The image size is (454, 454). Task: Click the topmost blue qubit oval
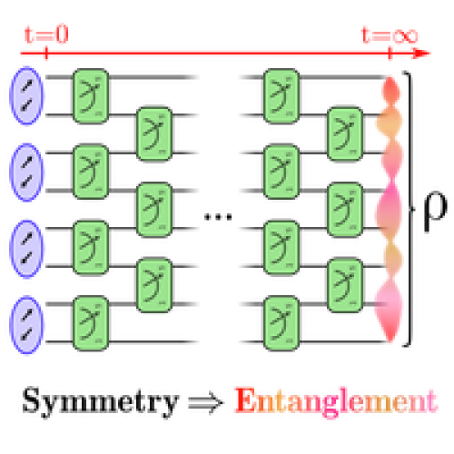(27, 95)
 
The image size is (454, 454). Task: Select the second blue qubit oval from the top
(27, 172)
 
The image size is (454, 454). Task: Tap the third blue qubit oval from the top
(27, 248)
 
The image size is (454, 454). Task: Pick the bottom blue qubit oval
(27, 324)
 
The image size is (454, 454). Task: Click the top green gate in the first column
(91, 95)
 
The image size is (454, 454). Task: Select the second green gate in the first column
(91, 172)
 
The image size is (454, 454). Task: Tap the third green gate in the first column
(91, 248)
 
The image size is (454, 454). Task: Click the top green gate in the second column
(154, 133)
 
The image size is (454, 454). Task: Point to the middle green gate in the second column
(154, 210)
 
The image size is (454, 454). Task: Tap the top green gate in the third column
(281, 95)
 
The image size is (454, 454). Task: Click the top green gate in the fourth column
(345, 133)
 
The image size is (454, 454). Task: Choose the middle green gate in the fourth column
(345, 210)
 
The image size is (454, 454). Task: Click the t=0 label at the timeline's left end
(44, 35)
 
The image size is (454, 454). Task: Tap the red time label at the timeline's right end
(390, 37)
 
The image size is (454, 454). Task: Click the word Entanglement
(335, 400)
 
